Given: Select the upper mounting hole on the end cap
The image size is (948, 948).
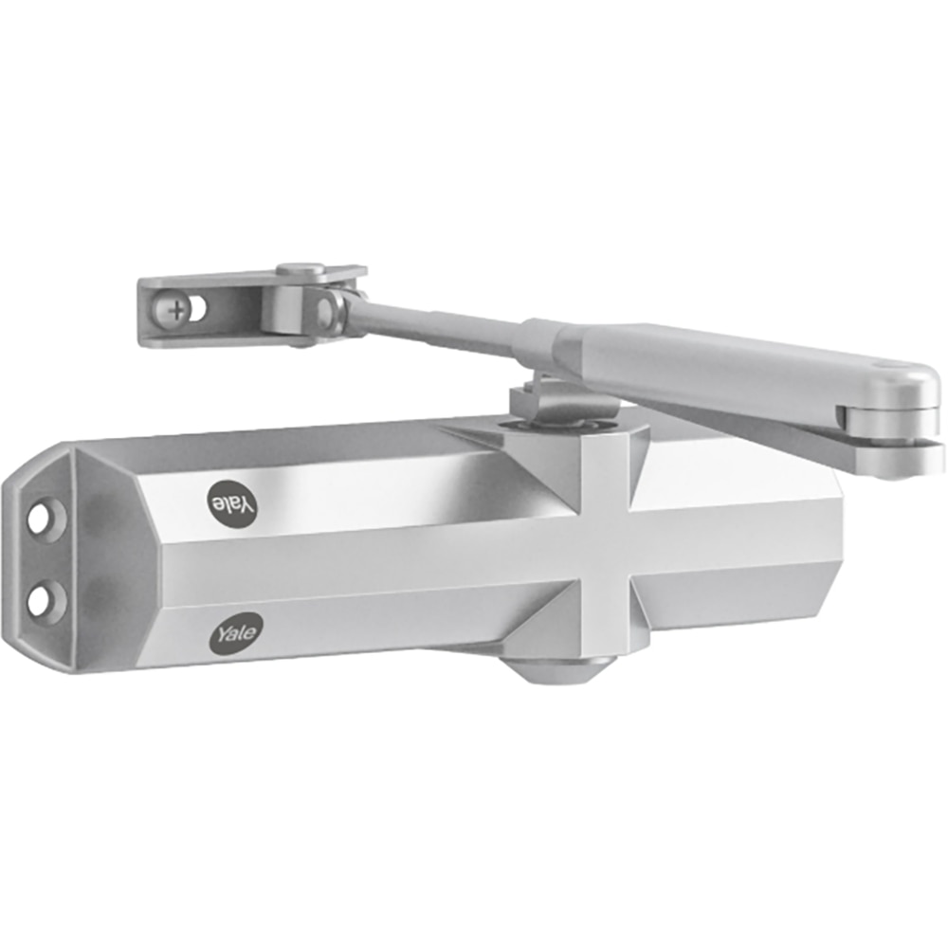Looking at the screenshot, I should (43, 520).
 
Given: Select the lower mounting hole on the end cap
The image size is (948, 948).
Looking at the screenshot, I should (42, 599).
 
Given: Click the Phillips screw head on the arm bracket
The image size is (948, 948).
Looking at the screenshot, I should (176, 307).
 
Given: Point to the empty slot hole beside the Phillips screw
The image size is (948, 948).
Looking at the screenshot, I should (198, 306).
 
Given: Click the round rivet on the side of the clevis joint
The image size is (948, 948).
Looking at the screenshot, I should (325, 309).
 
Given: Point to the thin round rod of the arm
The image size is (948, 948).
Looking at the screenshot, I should (436, 323).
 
